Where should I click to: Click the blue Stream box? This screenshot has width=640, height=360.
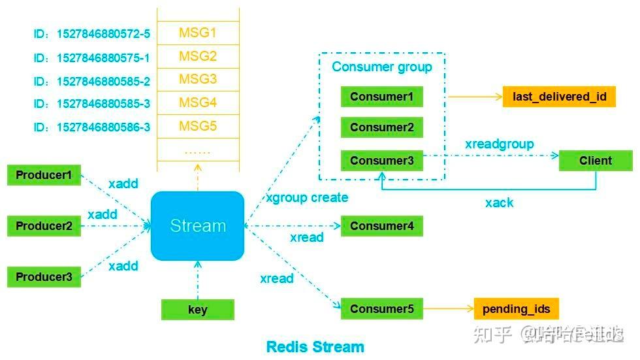pos(198,226)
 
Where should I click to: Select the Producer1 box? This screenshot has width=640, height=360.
pos(44,175)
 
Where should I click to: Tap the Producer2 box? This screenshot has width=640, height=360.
pos(44,226)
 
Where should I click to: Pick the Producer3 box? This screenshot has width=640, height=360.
pos(44,276)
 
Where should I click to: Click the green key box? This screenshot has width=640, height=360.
pos(197,310)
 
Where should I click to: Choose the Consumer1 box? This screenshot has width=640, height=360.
pos(382,97)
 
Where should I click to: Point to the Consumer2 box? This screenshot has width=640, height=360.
pos(382,127)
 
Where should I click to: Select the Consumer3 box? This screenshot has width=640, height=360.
pos(382,160)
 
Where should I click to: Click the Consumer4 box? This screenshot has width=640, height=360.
pos(382,226)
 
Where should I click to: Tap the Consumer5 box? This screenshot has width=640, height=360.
pos(382,309)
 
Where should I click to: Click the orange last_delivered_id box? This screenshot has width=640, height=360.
pos(560,97)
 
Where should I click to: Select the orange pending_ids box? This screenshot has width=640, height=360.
pos(517,309)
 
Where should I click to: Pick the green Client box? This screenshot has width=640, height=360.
pos(596,160)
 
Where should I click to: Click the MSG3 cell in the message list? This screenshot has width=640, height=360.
pos(198,79)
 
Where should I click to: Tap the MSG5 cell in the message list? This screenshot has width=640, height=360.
pos(198,125)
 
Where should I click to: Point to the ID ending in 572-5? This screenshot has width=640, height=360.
pos(92,33)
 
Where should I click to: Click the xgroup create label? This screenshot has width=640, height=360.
pos(307,197)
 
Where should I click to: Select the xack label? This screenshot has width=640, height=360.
pos(499,203)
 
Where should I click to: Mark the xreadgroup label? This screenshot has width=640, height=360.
pos(500,144)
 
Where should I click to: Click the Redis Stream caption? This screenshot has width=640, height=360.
pos(315,346)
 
